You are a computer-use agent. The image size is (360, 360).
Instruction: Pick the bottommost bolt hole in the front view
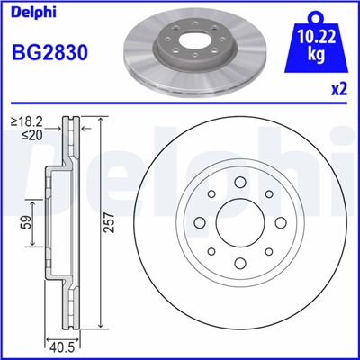240,264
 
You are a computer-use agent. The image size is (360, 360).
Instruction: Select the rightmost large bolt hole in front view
283,221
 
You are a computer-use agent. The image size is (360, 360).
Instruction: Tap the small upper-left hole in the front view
211,192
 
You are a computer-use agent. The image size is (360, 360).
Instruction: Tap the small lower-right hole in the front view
270,251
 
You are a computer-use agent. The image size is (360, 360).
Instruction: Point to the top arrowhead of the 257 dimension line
102,120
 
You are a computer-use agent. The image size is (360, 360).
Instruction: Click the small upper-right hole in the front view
270,192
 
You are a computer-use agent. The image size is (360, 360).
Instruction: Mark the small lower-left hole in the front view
211,251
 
